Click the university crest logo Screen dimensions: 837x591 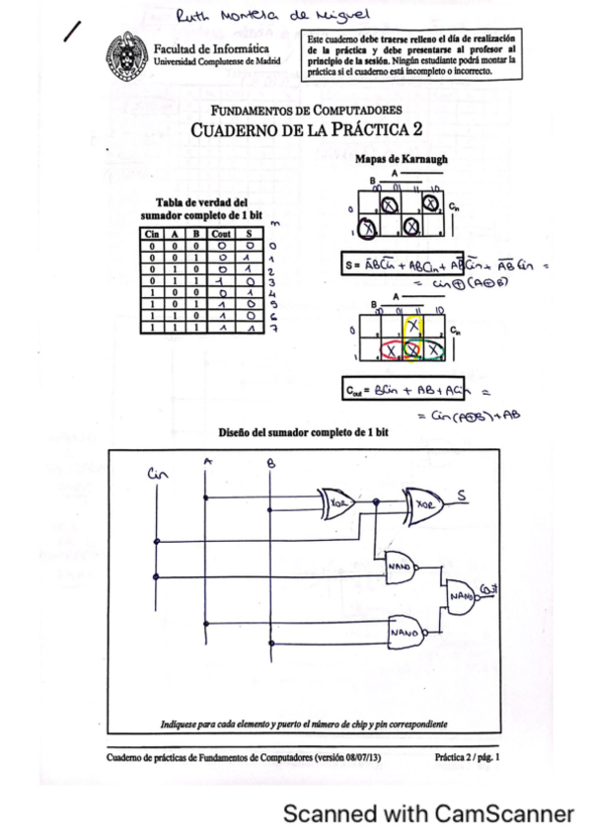click(x=129, y=52)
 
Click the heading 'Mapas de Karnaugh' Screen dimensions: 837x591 click(x=400, y=159)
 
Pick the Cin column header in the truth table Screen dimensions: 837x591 click(x=153, y=233)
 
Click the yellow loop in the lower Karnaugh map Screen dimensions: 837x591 click(x=414, y=333)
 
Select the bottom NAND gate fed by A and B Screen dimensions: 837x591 click(x=402, y=629)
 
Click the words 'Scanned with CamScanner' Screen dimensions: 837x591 click(x=427, y=814)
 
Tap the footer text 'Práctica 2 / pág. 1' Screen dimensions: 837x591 click(x=467, y=757)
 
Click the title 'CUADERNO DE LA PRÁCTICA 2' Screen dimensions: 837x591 click(x=306, y=129)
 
